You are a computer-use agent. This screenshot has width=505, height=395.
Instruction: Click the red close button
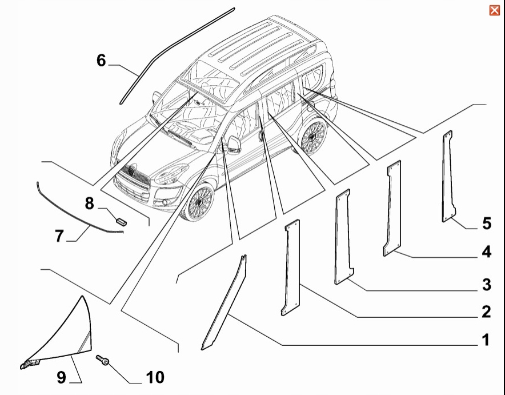[494, 10]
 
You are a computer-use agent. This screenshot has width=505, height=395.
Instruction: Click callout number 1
[486, 340]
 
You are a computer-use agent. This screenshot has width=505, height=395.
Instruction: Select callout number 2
[486, 312]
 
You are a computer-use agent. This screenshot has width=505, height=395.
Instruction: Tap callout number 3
[486, 285]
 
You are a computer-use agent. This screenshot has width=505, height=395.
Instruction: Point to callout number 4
[486, 252]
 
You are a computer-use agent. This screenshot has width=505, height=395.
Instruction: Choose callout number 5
[487, 224]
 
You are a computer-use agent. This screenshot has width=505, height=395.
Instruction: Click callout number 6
[101, 60]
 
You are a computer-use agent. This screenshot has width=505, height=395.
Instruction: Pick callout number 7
[59, 236]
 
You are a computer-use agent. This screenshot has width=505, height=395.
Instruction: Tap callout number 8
[89, 204]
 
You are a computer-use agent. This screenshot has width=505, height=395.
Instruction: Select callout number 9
[61, 377]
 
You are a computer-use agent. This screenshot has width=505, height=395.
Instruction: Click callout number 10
[155, 377]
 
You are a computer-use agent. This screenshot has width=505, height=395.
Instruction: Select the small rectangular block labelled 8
[121, 221]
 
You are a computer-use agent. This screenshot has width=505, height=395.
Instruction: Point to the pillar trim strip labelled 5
[448, 176]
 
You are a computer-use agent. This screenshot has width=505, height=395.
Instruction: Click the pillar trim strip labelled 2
[291, 268]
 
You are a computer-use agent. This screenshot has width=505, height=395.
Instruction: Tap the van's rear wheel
[311, 136]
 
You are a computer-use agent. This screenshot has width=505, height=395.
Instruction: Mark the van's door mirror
[234, 145]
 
